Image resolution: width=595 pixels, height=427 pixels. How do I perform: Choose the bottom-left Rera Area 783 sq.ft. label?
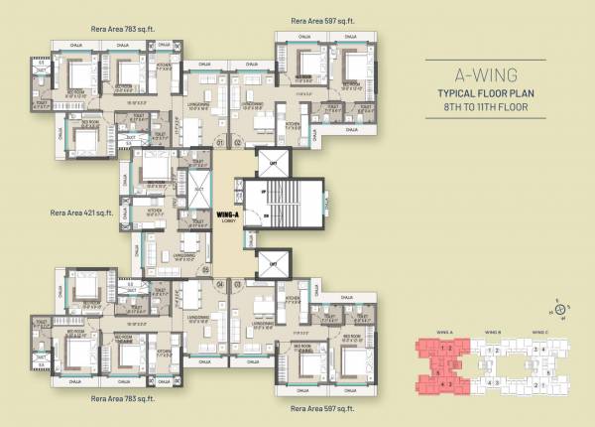pos(122,397)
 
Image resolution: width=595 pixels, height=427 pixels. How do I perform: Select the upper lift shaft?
pos(270,162)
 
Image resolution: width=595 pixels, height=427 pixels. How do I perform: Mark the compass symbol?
pos(562,312)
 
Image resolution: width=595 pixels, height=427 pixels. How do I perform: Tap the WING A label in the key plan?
pos(444,334)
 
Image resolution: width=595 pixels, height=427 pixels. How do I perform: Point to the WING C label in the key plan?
pos(538,334)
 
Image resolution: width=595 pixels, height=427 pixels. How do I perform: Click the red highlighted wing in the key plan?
pos(440,364)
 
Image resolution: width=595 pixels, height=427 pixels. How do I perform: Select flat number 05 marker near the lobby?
pos(205,269)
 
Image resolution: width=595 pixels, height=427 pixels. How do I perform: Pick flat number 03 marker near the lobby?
pos(238,284)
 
